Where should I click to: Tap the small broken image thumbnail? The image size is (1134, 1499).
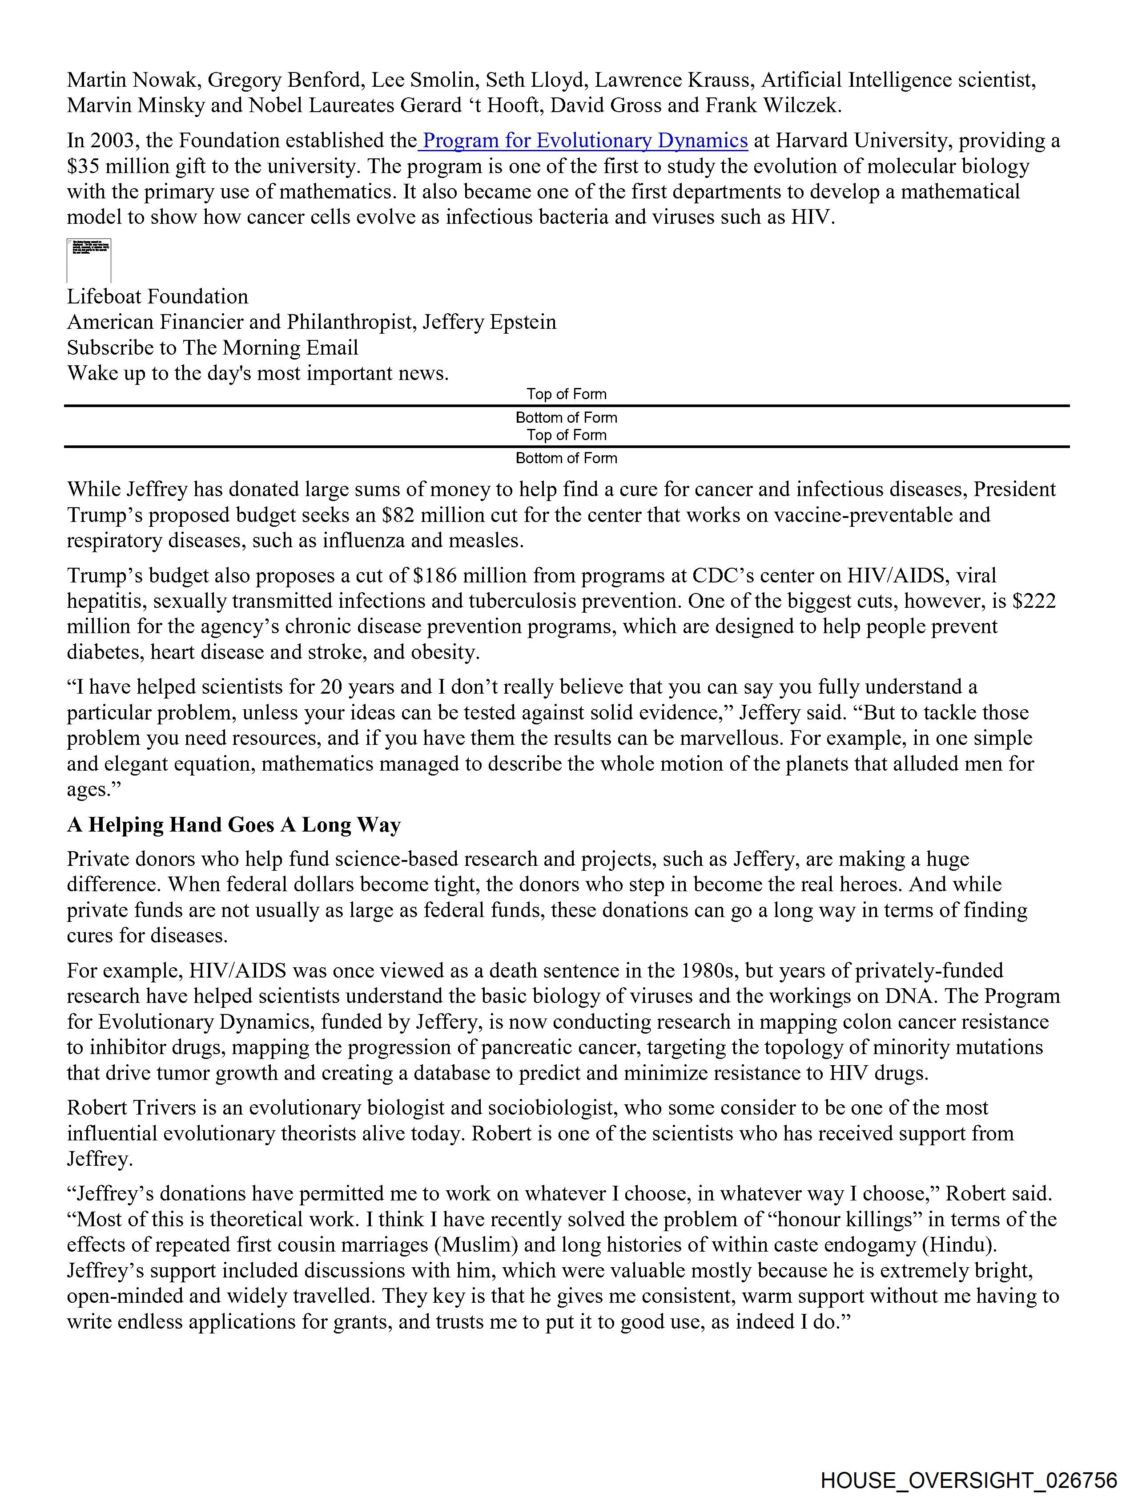pos(89,260)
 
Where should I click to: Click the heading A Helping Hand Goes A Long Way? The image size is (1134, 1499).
pos(234,825)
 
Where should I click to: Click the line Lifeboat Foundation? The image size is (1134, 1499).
pos(157,296)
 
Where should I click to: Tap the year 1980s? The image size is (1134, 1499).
pos(707,970)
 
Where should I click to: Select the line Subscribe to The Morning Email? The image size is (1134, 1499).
pos(212,347)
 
